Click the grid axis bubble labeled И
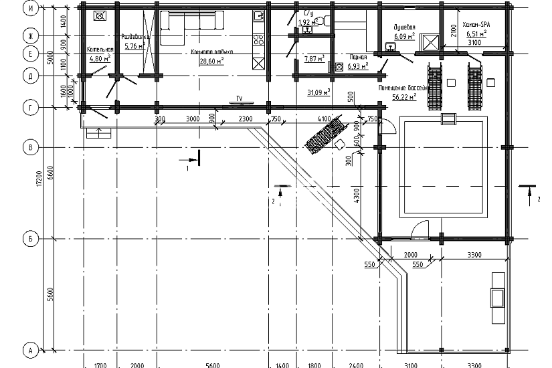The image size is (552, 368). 30,9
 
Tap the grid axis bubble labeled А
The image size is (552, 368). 30,349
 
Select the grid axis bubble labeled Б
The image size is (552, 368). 30,239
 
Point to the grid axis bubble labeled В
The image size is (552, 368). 30,147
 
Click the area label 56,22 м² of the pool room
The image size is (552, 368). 404,96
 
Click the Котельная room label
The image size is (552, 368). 100,50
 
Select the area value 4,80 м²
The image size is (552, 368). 100,58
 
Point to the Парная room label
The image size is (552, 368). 358,58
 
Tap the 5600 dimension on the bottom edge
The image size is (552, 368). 213,364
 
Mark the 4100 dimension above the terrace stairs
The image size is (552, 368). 324,119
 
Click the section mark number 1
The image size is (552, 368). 188,169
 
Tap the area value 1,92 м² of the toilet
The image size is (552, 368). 306,22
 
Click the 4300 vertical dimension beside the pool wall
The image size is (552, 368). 358,195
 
